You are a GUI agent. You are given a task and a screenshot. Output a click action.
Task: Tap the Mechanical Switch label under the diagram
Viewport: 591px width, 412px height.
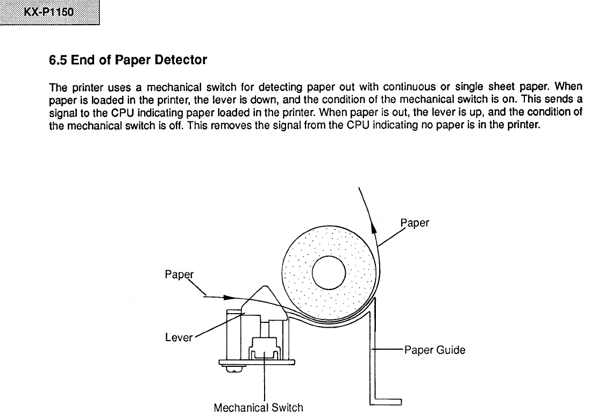pyautogui.click(x=258, y=407)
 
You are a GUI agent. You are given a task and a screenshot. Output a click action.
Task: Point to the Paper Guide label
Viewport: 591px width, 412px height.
pyautogui.click(x=435, y=350)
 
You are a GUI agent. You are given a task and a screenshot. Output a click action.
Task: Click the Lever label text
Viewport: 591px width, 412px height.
pyautogui.click(x=179, y=338)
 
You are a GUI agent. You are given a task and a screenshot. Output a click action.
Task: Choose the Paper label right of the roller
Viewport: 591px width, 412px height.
pyautogui.click(x=415, y=223)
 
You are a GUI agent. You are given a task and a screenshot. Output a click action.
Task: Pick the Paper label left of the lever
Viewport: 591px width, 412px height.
pyautogui.click(x=179, y=275)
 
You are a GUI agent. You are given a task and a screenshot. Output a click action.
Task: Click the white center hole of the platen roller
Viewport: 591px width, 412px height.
pyautogui.click(x=329, y=272)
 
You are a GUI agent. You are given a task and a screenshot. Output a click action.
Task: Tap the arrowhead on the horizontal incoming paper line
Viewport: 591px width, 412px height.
pyautogui.click(x=230, y=297)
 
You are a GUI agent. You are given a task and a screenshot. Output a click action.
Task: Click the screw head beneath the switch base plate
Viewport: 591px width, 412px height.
pyautogui.click(x=232, y=369)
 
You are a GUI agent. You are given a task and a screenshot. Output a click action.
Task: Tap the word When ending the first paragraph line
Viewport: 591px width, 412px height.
pyautogui.click(x=568, y=86)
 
